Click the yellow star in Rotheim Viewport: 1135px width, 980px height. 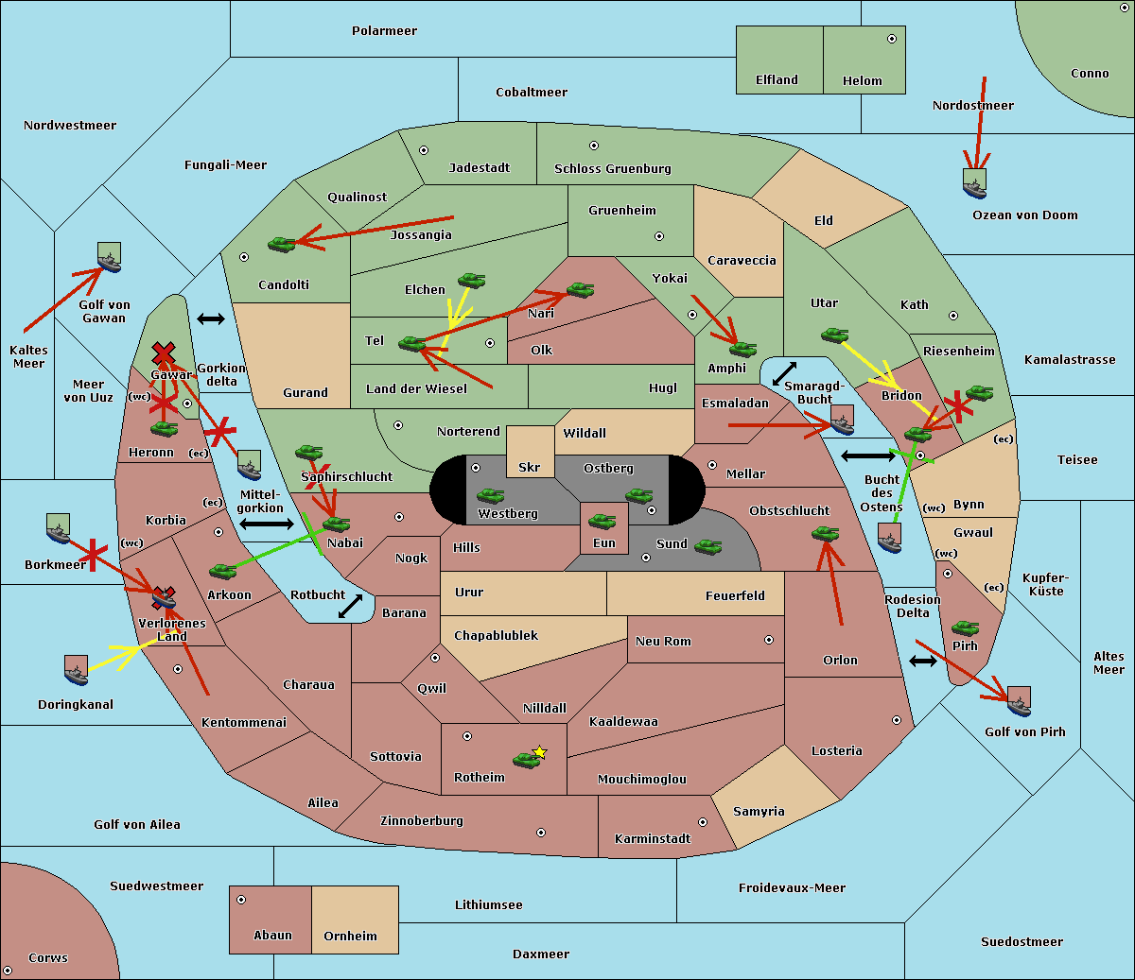pos(539,752)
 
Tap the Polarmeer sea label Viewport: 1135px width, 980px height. pos(384,31)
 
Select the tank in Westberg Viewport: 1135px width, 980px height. pos(490,496)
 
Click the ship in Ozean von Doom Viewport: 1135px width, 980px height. pos(974,182)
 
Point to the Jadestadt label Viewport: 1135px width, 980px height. pos(479,168)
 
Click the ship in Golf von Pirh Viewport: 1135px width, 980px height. pos(1019,701)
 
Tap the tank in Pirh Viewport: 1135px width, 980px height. pos(965,628)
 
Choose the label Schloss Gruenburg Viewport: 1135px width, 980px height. pos(612,169)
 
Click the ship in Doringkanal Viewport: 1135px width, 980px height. pos(77,670)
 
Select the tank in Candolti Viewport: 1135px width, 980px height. pos(282,244)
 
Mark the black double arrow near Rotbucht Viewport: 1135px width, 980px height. pos(350,607)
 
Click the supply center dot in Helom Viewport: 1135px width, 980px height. pos(891,39)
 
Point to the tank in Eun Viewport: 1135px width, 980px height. pos(602,522)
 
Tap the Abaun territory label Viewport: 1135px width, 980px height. pos(272,936)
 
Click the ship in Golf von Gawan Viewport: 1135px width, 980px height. pos(109,257)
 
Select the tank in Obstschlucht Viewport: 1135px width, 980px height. pos(825,534)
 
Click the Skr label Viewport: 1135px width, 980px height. pos(529,468)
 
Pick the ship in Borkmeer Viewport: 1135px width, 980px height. pos(59,528)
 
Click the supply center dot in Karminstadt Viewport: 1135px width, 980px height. pos(702,822)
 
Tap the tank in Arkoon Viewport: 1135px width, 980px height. pos(222,571)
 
